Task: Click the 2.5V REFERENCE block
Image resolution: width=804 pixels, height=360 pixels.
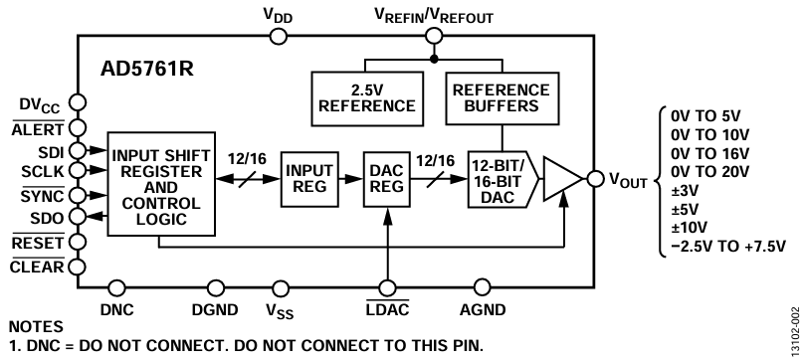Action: coord(367,98)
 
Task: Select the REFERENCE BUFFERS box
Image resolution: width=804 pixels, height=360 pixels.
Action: coord(502,98)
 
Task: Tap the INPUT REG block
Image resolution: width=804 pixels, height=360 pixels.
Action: coord(309,179)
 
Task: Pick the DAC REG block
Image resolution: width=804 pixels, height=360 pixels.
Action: coord(387,179)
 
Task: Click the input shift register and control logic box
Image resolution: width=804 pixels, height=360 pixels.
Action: coord(161,184)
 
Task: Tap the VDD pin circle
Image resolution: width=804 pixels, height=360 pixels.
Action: coord(279,37)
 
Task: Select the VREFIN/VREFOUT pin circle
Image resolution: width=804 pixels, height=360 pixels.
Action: coord(434,36)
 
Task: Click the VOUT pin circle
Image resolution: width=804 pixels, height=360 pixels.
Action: coord(595,178)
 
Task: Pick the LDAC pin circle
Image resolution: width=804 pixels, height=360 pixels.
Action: coord(387,287)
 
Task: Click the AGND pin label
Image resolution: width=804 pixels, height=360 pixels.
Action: coord(483,309)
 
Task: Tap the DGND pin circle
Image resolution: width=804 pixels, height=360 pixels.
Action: coord(216,287)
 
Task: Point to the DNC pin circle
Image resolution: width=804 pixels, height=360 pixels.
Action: coord(117,287)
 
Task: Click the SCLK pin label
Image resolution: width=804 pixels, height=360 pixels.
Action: coord(43,171)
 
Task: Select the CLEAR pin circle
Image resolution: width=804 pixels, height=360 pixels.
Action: coord(78,267)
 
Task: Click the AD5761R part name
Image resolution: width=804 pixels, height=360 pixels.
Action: coord(147,70)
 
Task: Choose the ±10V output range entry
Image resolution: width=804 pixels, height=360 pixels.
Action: coord(689,228)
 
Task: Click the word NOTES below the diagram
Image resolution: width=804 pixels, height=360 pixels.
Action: coord(36,326)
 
